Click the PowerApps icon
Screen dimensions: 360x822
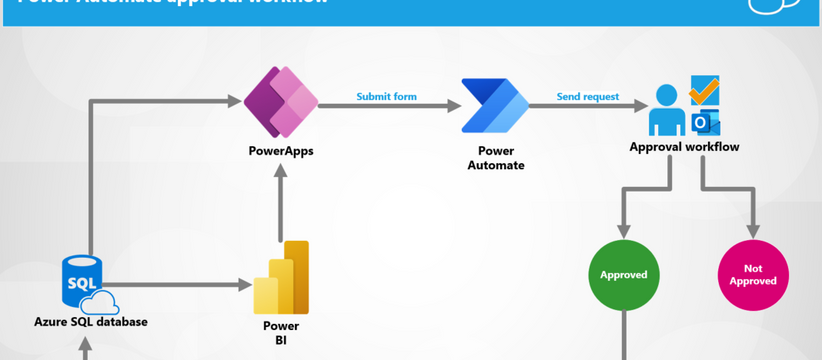click(281, 102)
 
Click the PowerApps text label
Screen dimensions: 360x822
click(281, 151)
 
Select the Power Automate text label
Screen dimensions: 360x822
click(495, 158)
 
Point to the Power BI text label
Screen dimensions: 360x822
click(281, 333)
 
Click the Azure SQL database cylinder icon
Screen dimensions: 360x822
click(82, 282)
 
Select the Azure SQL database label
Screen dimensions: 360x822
click(91, 322)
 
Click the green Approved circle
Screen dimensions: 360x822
click(624, 275)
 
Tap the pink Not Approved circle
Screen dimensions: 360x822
click(753, 275)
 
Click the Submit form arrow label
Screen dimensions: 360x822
click(386, 97)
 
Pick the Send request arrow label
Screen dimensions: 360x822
click(588, 97)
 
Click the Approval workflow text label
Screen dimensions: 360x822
click(684, 147)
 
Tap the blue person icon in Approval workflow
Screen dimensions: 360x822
click(667, 110)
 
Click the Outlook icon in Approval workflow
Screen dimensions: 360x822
click(705, 122)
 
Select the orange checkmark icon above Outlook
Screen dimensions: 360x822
click(705, 91)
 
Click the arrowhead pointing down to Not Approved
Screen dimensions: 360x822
click(753, 230)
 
